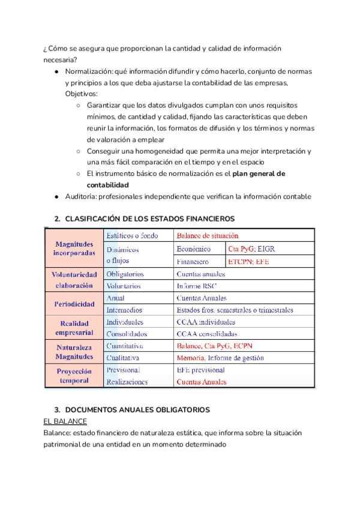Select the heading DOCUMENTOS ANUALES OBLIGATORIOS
click(x=137, y=409)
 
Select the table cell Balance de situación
click(x=208, y=236)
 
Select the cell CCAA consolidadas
click(x=207, y=334)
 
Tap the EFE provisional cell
click(x=201, y=370)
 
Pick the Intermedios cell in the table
click(x=124, y=310)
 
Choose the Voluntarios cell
click(x=125, y=286)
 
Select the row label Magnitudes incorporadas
click(x=74, y=248)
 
